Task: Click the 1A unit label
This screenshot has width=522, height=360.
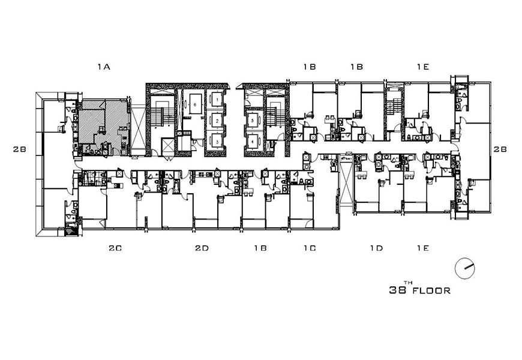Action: [104, 67]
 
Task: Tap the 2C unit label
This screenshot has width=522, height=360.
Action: [115, 248]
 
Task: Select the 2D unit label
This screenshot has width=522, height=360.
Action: [202, 248]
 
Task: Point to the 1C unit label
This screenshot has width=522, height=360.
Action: [310, 248]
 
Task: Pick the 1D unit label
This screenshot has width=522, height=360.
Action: [377, 248]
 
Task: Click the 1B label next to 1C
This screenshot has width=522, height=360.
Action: [260, 248]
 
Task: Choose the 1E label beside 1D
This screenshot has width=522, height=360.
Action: [423, 248]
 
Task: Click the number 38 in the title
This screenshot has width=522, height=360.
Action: [397, 290]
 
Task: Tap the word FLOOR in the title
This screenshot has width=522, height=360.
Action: [431, 291]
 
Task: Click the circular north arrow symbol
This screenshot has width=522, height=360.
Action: [465, 268]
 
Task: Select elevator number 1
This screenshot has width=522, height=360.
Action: [217, 99]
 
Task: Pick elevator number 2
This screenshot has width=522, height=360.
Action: [217, 120]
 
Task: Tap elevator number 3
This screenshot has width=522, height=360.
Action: [217, 142]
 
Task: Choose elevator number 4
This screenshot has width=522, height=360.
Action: [253, 141]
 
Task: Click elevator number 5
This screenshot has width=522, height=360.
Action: [253, 120]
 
